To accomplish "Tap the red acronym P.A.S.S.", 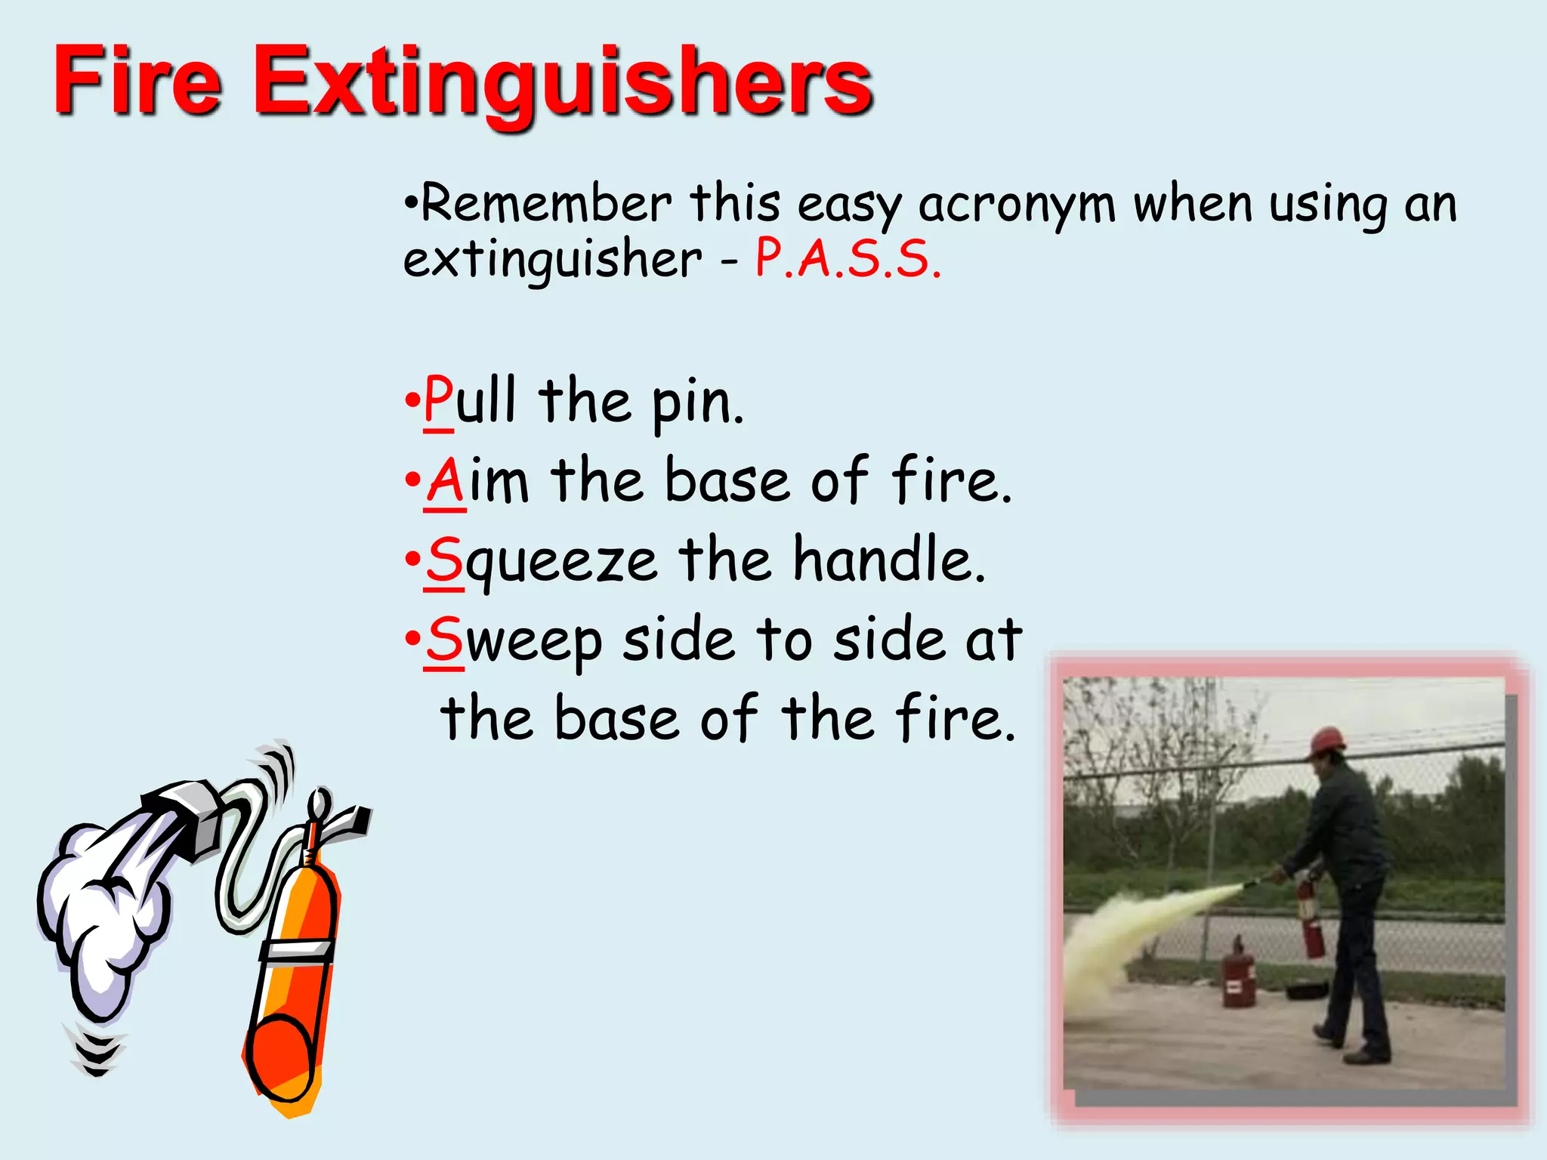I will click(848, 259).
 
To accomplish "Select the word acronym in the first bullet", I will click(1016, 205).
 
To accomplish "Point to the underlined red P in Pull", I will click(438, 400).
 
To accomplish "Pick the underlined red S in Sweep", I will click(444, 639).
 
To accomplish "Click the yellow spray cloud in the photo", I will click(1133, 929).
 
